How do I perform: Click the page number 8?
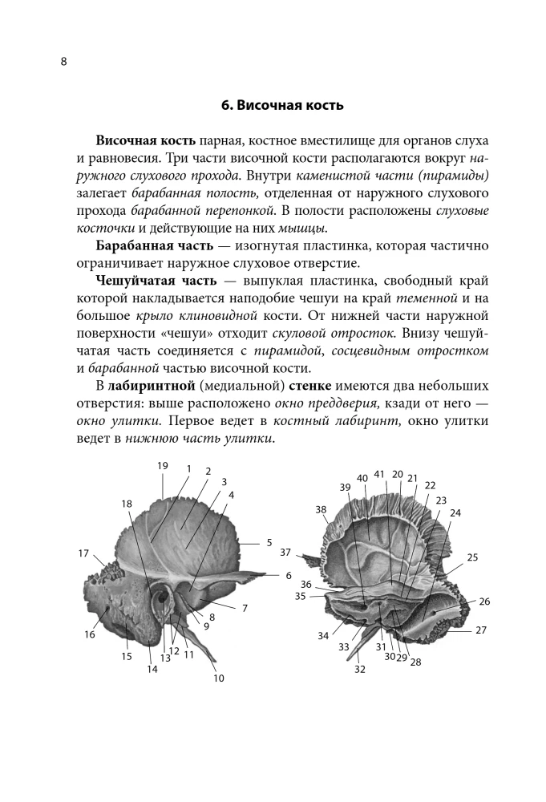[63, 63]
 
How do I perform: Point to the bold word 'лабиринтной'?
[148, 387]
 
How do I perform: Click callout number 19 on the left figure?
[162, 466]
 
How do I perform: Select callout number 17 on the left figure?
[83, 553]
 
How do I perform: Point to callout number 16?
[89, 634]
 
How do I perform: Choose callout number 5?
[269, 542]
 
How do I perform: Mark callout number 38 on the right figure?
[321, 510]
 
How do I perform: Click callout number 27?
[480, 630]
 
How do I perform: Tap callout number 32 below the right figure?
[359, 669]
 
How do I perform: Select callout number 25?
[472, 557]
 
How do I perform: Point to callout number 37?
[285, 553]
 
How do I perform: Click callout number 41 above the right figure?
[379, 474]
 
